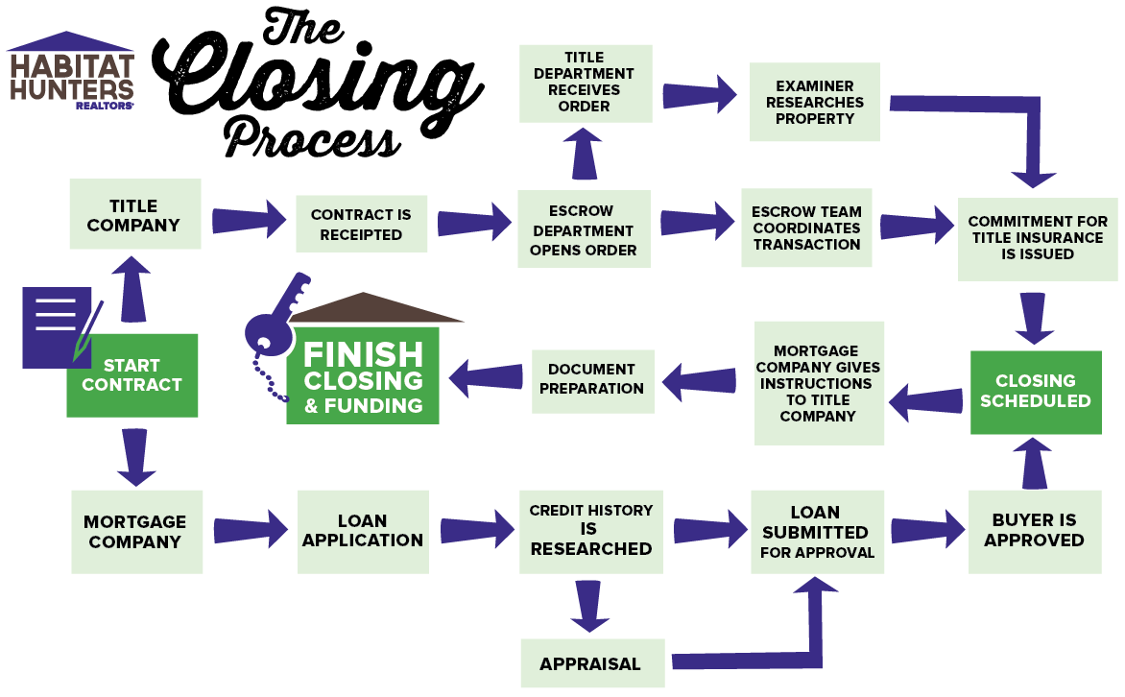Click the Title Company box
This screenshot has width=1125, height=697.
coord(134,214)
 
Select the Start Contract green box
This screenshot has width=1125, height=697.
coord(132,375)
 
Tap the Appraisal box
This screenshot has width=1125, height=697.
coord(590,663)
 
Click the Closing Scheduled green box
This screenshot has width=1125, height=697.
coord(1035,392)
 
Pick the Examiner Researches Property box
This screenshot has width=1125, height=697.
coord(815,102)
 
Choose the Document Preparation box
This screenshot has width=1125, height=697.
coord(591,379)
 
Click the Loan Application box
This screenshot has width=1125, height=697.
coord(363,531)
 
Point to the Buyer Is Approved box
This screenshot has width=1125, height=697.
coord(1034,531)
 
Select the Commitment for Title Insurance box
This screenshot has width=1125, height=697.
coord(1037,238)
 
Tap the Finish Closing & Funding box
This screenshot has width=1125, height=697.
coord(363,377)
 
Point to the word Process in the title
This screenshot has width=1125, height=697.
coord(312,137)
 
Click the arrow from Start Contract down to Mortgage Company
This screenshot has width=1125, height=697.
coord(135,457)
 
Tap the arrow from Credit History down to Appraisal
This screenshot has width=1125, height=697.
coord(590,606)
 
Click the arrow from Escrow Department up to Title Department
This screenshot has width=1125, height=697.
coord(586,156)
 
